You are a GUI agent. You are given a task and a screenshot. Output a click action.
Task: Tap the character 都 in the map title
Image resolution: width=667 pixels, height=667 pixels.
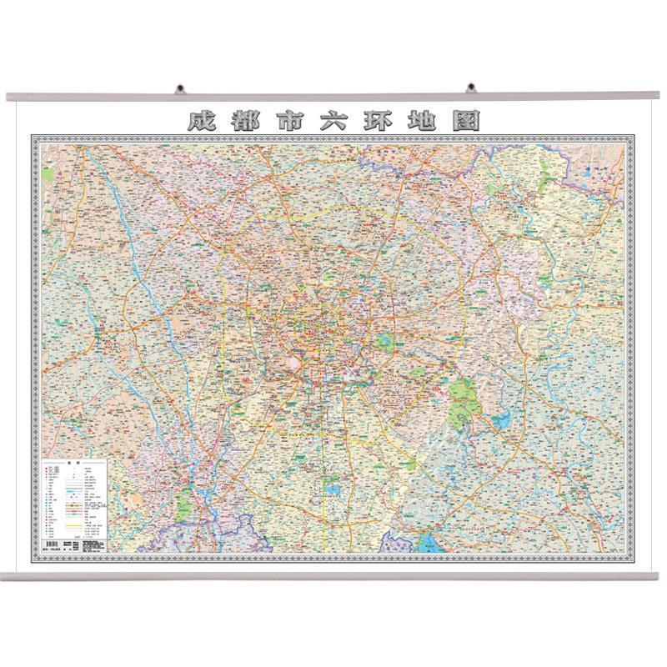[x=243, y=122]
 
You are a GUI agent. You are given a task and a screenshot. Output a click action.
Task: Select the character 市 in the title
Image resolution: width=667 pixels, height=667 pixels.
[x=288, y=122]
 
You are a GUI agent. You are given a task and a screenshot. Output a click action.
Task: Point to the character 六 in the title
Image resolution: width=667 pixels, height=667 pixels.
[x=333, y=122]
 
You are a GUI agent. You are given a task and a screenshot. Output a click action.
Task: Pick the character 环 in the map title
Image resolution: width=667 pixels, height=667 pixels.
[x=378, y=122]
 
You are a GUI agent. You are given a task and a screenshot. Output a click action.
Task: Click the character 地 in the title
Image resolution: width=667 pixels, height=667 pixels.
[x=423, y=122]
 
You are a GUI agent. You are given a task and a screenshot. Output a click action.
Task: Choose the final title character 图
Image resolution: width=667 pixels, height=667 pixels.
[x=467, y=122]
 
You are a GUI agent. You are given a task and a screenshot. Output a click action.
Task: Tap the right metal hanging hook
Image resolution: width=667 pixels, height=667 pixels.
[x=470, y=87]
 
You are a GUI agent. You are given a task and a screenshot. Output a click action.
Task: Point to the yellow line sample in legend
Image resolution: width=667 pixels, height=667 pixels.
[x=70, y=526]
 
